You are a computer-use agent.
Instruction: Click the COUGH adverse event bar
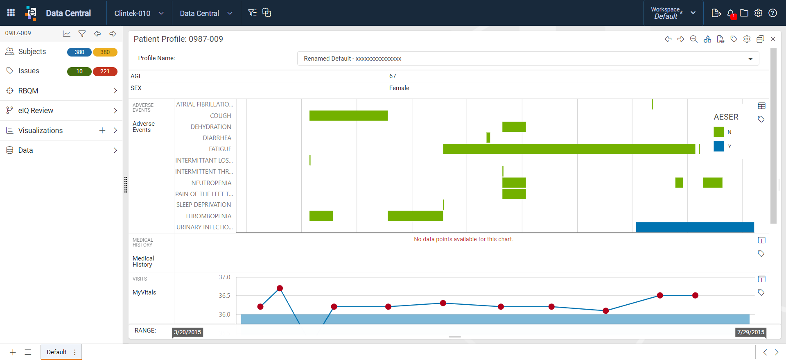[348, 115]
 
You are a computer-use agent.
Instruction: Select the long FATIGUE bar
[569, 149]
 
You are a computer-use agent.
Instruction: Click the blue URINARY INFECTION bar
[695, 227]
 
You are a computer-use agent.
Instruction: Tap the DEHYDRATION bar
[514, 127]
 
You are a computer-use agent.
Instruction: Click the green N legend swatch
[719, 132]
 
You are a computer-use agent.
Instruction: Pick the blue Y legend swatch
[719, 146]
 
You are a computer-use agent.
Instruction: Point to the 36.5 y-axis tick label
[224, 295]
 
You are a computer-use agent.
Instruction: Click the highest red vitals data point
[280, 288]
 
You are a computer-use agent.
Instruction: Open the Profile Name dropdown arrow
[750, 59]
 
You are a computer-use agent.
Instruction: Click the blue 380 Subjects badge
[79, 52]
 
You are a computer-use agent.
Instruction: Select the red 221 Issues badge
[105, 71]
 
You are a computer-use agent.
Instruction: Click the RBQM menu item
[28, 91]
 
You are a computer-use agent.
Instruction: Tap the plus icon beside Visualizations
[102, 130]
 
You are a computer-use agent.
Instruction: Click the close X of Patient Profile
[773, 39]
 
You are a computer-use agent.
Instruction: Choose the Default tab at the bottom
[56, 352]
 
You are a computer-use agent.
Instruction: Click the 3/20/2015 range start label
[187, 332]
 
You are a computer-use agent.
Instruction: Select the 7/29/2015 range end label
[751, 332]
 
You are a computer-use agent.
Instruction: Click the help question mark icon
[772, 13]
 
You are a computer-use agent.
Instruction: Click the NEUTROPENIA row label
[211, 183]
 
